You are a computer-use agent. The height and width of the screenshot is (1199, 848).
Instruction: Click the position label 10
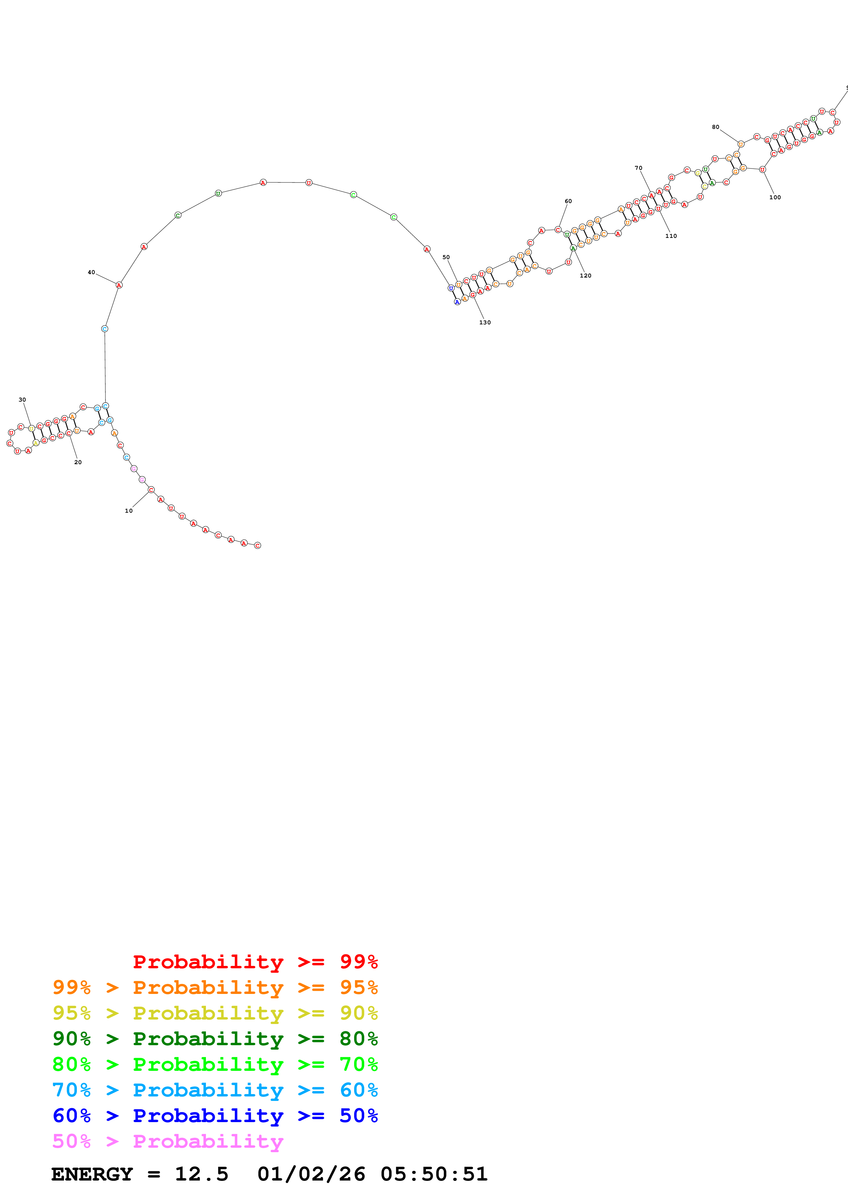129,511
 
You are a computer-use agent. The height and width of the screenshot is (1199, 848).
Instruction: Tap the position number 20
78,462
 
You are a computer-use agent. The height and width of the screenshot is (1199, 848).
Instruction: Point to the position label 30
22,400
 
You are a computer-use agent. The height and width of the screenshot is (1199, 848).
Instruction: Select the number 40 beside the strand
91,272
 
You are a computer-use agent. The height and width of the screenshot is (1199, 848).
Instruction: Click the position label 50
446,257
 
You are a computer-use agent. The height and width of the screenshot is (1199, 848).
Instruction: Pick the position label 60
568,201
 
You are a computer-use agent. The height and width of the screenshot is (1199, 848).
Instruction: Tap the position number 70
638,168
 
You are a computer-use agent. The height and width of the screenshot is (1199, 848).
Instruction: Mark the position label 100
775,198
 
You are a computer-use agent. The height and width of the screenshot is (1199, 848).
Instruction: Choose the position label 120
585,276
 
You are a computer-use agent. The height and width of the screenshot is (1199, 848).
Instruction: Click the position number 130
485,322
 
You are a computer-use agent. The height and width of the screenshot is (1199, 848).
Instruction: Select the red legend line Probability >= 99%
255,961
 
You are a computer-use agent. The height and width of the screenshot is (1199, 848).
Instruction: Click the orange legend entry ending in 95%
215,987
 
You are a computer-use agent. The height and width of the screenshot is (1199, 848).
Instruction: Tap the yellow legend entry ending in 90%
215,1013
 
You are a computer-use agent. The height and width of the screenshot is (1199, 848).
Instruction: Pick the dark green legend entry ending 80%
215,1039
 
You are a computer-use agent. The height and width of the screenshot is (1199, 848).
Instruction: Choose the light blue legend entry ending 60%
215,1090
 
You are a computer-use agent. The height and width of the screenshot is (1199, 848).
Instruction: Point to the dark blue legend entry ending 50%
215,1116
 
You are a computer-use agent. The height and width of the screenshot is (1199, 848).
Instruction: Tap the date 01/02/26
311,1174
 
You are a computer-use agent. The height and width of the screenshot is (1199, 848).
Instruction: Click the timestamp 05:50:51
434,1174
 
